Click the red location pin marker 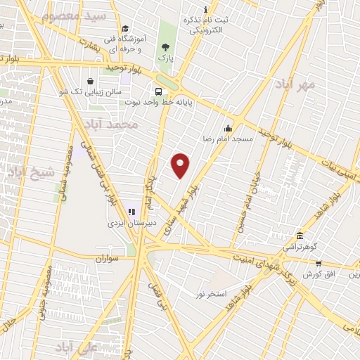point(181,165)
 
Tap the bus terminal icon point(159,91)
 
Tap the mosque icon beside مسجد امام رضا point(227,129)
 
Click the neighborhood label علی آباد point(79,347)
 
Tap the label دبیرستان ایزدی point(129,223)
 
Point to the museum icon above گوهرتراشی point(300,236)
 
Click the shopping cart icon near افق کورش point(319,263)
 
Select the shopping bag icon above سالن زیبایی point(91,81)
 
